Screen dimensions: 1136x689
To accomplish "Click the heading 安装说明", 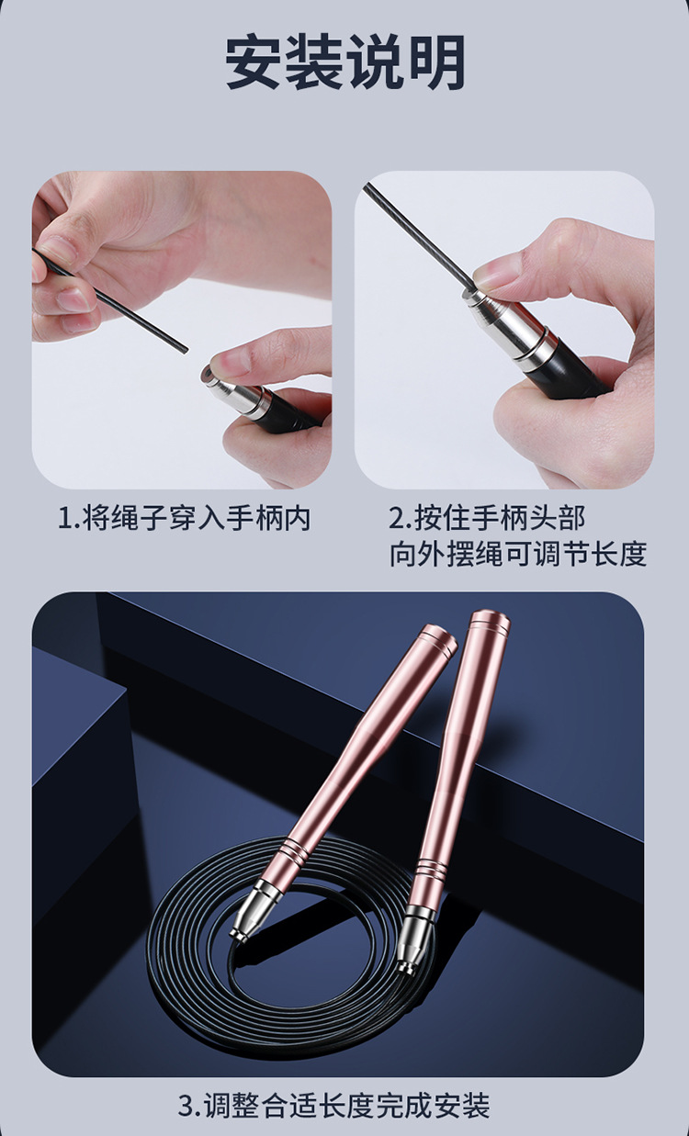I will pos(344,62).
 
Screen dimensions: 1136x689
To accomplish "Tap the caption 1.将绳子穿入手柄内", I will pos(185,519).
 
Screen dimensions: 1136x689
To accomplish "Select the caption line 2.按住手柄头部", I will pos(486,519).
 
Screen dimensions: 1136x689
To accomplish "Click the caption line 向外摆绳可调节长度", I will pos(518,555).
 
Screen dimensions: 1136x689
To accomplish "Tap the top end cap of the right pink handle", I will pos(489,624).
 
